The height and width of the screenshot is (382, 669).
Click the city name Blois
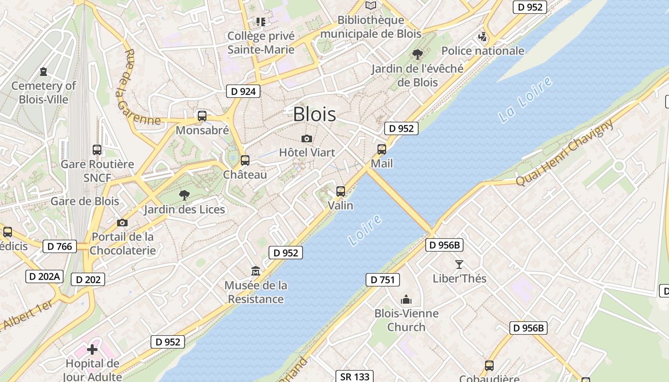tap(314, 114)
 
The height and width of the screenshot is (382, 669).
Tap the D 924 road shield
tap(243, 91)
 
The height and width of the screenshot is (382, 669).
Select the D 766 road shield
tap(60, 246)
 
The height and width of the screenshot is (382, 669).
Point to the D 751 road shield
tap(382, 280)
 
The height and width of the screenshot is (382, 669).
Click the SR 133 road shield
tap(355, 377)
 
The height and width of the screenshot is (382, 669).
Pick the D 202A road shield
tap(44, 276)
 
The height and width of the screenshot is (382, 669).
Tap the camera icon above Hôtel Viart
tap(307, 138)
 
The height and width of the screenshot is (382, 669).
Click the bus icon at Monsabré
tap(202, 116)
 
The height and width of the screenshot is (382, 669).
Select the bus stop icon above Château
tap(245, 160)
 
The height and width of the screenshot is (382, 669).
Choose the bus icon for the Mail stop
tap(382, 149)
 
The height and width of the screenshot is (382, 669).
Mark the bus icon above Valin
tap(341, 191)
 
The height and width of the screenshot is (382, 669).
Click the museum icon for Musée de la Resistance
tap(256, 271)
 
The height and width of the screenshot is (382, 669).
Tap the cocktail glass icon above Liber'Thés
tap(459, 264)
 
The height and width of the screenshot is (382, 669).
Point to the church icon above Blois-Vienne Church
tap(406, 299)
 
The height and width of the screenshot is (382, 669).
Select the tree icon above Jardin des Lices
tap(184, 195)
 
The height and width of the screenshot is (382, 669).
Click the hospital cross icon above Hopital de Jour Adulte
tap(92, 350)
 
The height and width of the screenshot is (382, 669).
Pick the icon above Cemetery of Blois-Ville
tap(43, 72)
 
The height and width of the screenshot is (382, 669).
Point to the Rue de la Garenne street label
tap(138, 88)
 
